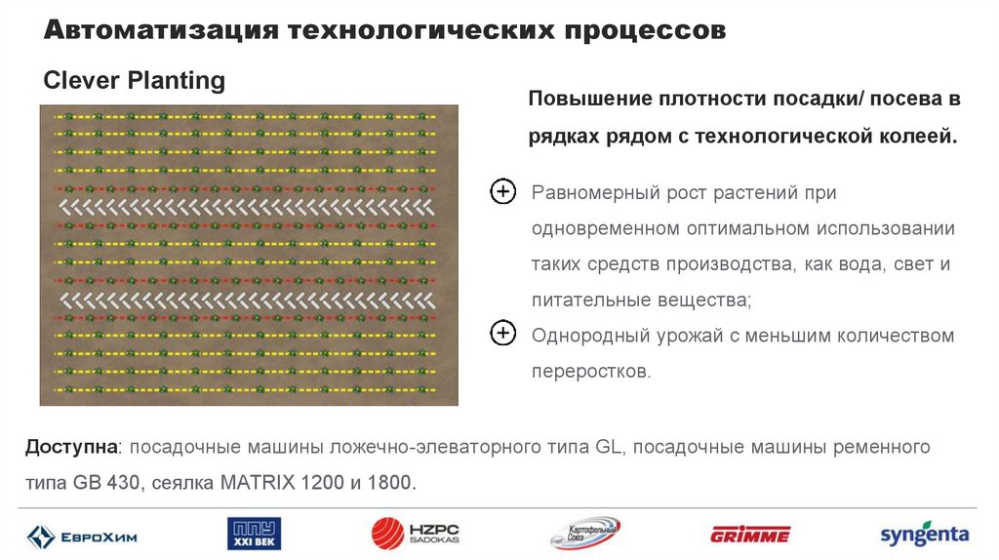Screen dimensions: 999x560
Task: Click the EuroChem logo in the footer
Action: [82, 536]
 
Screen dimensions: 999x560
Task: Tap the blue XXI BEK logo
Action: [254, 534]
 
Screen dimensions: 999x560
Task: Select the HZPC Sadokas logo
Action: [416, 534]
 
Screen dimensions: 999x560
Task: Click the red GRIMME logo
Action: [750, 534]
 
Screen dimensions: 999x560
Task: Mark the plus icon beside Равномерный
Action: [501, 191]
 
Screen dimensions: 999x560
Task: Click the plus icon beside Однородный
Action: [501, 335]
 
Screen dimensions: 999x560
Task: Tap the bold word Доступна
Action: [70, 448]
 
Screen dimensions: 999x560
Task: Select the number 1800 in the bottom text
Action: [389, 482]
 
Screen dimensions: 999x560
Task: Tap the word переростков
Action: [589, 372]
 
